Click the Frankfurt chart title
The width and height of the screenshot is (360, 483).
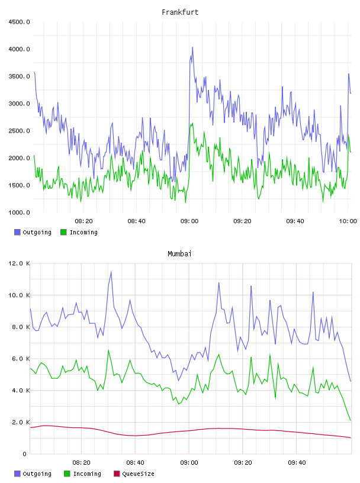pyautogui.click(x=180, y=12)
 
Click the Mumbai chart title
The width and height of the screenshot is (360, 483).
pyautogui.click(x=179, y=253)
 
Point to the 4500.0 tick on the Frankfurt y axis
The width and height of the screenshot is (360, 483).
pyautogui.click(x=19, y=22)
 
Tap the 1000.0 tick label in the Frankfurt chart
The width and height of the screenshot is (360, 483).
pyautogui.click(x=19, y=212)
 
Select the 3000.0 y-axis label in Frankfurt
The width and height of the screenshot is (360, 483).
pyautogui.click(x=19, y=104)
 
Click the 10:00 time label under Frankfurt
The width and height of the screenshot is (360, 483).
pyautogui.click(x=348, y=221)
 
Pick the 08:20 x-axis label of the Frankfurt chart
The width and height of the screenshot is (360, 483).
pyautogui.click(x=83, y=221)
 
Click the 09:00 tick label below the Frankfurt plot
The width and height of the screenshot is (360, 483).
pyautogui.click(x=189, y=221)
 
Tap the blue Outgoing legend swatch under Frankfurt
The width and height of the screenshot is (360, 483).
pyautogui.click(x=17, y=232)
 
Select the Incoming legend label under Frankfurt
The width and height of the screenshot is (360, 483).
pyautogui.click(x=83, y=232)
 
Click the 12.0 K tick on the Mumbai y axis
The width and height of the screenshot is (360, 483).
pyautogui.click(x=19, y=263)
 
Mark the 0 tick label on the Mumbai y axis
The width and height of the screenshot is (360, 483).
pyautogui.click(x=24, y=454)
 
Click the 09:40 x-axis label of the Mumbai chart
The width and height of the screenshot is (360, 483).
pyautogui.click(x=297, y=462)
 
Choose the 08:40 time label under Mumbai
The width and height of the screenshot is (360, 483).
pyautogui.click(x=135, y=462)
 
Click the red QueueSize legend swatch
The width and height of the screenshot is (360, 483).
pyautogui.click(x=117, y=474)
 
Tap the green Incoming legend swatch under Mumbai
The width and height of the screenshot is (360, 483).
pyautogui.click(x=67, y=474)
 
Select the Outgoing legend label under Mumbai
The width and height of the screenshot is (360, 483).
pyautogui.click(x=37, y=474)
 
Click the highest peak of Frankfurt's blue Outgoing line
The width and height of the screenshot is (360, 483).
pyautogui.click(x=192, y=47)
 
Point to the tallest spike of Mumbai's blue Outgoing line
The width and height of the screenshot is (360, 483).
pyautogui.click(x=111, y=271)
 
